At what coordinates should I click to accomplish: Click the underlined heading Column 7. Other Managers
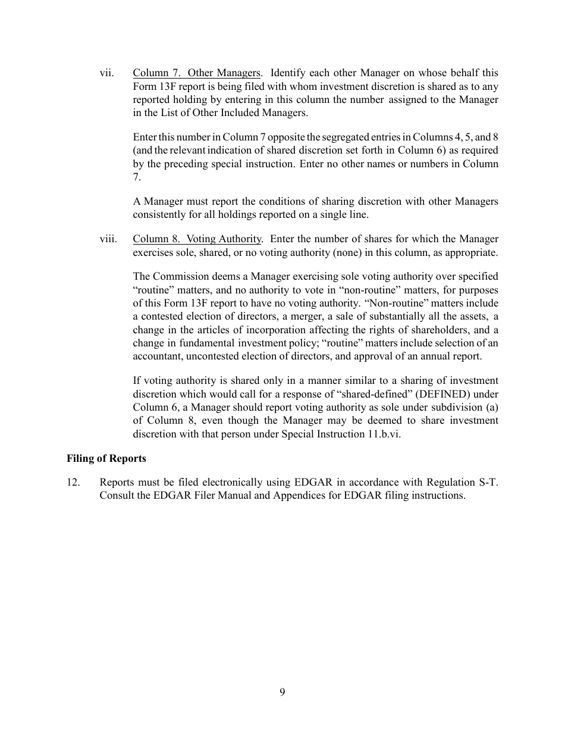tap(196, 73)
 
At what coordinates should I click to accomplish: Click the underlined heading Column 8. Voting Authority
tap(197, 239)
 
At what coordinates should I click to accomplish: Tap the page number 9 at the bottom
tap(282, 692)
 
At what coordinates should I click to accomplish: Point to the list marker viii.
tap(108, 239)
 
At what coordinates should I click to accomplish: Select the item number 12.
tap(73, 482)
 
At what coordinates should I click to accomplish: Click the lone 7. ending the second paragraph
tap(137, 177)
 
